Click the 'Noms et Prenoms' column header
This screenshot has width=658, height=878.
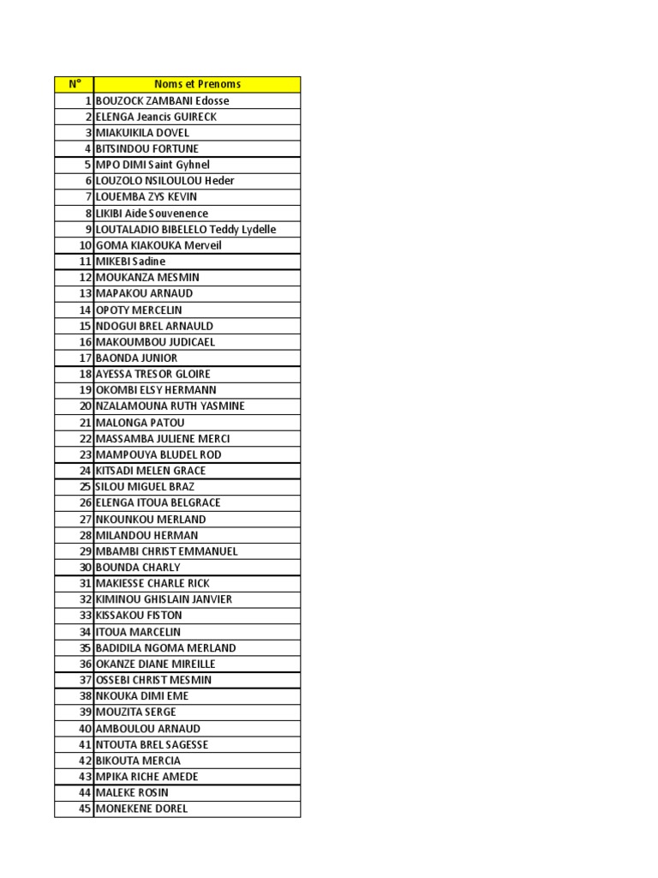(x=197, y=84)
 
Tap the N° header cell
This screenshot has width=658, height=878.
(x=75, y=84)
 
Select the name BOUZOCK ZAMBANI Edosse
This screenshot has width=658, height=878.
(x=163, y=100)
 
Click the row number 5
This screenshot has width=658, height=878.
(x=87, y=165)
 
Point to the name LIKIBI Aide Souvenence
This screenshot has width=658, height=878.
(x=152, y=213)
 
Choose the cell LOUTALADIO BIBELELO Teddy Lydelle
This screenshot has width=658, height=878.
(x=186, y=229)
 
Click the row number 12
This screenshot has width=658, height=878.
(x=85, y=277)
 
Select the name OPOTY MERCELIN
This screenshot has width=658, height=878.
(x=139, y=310)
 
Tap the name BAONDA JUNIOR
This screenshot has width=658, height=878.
(x=137, y=358)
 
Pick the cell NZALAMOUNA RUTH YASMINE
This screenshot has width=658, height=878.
(x=170, y=406)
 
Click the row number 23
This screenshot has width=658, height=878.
(x=85, y=454)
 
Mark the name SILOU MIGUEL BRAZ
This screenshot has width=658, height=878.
(x=145, y=486)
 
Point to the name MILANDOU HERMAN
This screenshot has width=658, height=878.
(x=147, y=535)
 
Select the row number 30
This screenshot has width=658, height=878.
(x=85, y=567)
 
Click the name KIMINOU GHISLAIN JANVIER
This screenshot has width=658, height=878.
(x=164, y=599)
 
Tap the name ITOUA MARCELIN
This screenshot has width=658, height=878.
(x=138, y=631)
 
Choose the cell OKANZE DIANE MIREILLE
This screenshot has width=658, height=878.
(x=155, y=664)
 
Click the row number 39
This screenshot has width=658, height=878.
(x=85, y=712)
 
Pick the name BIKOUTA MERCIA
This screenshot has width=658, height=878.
(x=138, y=761)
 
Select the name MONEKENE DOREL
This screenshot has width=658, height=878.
(x=141, y=809)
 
